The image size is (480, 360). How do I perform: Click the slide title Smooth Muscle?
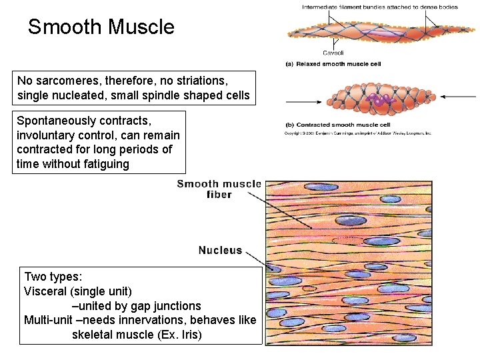(101, 27)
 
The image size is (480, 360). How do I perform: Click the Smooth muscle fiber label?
(219, 189)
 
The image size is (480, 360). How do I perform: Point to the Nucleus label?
(220, 251)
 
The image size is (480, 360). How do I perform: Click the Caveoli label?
(333, 53)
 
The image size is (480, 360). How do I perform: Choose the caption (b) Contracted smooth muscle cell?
(337, 125)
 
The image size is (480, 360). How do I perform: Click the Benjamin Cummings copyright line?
(358, 133)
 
